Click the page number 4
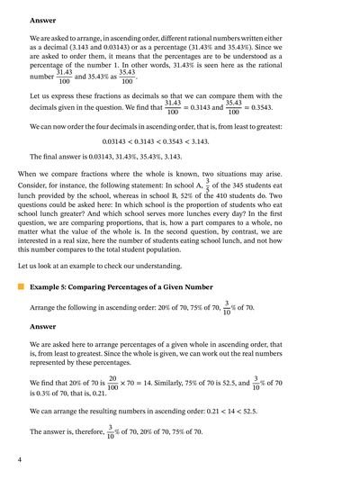pos(19,461)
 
